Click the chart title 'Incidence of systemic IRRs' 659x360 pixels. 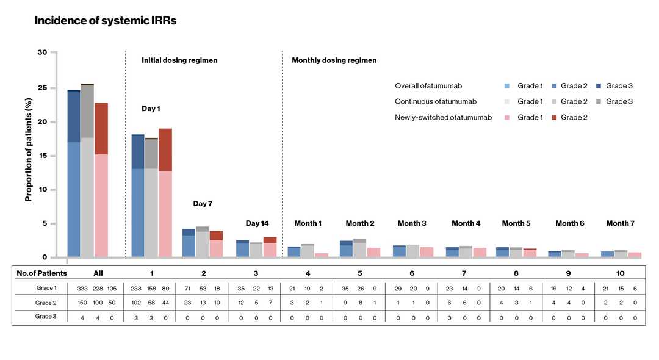coord(106,21)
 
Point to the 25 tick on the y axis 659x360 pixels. coord(42,87)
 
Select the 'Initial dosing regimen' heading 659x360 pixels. coord(179,60)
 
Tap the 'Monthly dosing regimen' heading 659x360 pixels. coord(334,60)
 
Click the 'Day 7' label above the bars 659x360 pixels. coord(203,204)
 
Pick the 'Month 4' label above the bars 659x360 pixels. coord(466,223)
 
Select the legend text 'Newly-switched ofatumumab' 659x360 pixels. coord(443,117)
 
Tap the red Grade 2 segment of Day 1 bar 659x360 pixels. coord(165,149)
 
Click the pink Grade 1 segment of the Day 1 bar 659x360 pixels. coord(165,214)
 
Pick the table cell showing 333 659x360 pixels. coord(82,288)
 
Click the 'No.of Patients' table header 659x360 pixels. coord(41,273)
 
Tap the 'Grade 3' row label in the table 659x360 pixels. coord(46,317)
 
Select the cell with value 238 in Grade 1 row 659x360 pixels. coord(137,288)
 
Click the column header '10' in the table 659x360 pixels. coord(620,273)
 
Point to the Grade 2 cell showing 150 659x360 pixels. coord(82,303)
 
